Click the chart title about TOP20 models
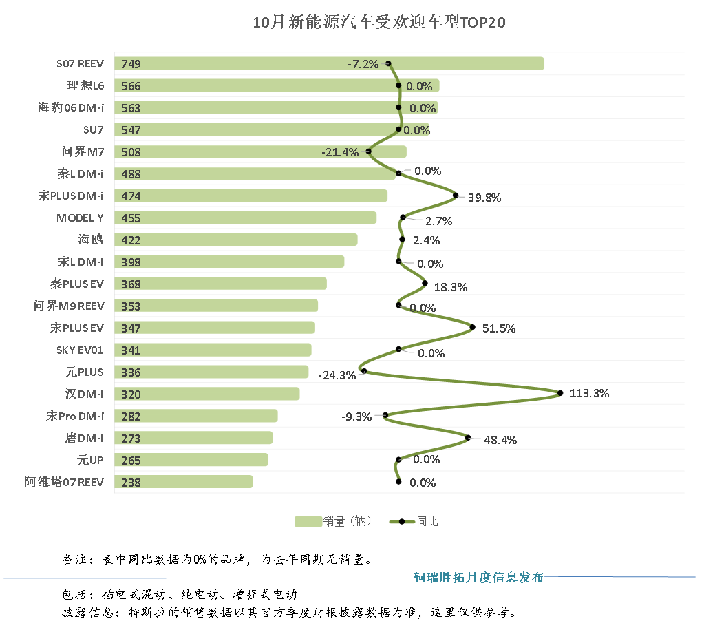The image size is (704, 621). click(379, 23)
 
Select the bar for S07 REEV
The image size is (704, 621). click(329, 63)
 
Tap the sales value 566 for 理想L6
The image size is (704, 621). click(131, 86)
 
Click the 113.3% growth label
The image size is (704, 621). click(589, 394)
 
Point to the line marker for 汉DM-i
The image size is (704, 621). click(560, 393)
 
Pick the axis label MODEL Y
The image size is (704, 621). click(80, 218)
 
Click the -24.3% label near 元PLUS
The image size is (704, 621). click(337, 375)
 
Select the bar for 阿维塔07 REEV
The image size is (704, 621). click(183, 482)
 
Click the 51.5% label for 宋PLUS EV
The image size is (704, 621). click(498, 329)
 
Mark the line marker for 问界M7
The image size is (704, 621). click(369, 151)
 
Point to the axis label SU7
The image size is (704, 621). click(93, 129)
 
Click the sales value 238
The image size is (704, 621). click(131, 483)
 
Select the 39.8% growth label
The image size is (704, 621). click(484, 198)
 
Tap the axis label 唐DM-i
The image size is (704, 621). click(84, 438)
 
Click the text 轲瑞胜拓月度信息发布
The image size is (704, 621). click(478, 577)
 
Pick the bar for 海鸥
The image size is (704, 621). click(235, 240)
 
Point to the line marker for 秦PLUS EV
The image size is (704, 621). click(425, 283)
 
